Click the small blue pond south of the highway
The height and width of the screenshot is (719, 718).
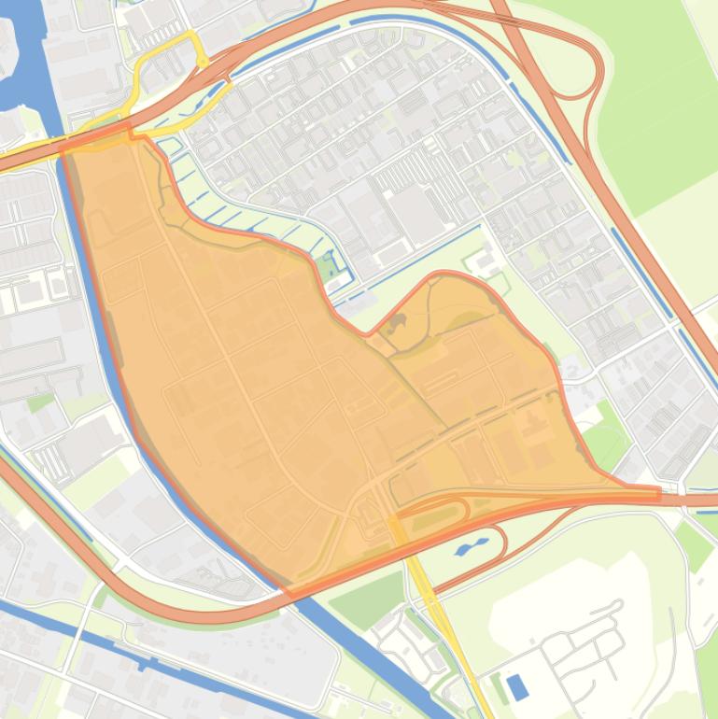point(472,546)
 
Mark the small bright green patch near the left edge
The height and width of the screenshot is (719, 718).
point(39,402)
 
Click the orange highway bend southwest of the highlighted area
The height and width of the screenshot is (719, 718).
point(56,523)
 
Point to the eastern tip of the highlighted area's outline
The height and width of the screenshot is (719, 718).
point(658,491)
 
